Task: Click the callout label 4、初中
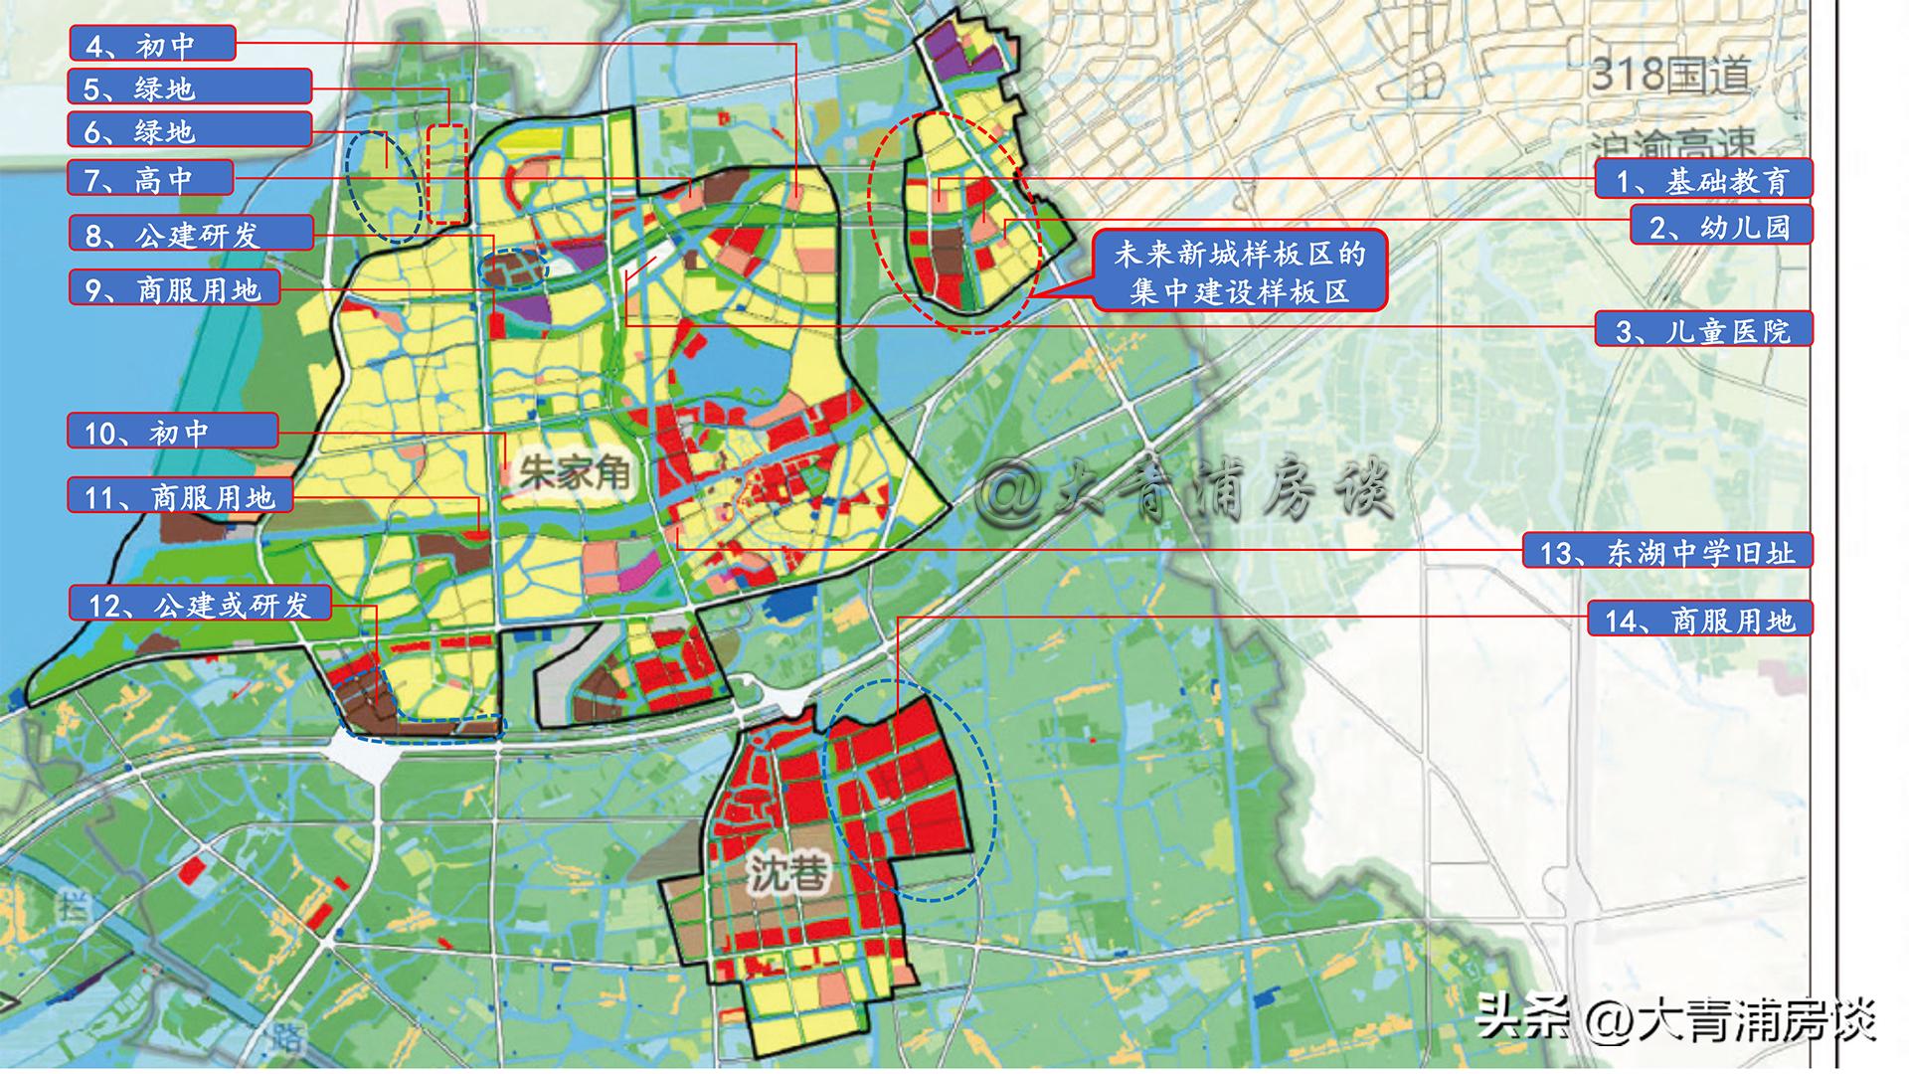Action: [152, 45]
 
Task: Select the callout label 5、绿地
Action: [190, 88]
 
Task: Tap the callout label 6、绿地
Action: [190, 130]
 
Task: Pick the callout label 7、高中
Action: [151, 178]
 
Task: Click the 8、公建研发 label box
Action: [191, 234]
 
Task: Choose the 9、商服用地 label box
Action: [174, 289]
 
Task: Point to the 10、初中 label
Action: [173, 432]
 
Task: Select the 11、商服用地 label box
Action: [180, 496]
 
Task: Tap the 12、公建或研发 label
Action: [199, 604]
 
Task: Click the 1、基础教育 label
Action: [1702, 180]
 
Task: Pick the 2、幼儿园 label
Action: [1720, 226]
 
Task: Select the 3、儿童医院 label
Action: [1703, 329]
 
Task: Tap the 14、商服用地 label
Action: [1700, 620]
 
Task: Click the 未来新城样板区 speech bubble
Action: [1240, 272]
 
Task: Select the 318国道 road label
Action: [1670, 75]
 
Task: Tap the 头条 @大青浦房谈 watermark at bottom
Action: [1675, 1018]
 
